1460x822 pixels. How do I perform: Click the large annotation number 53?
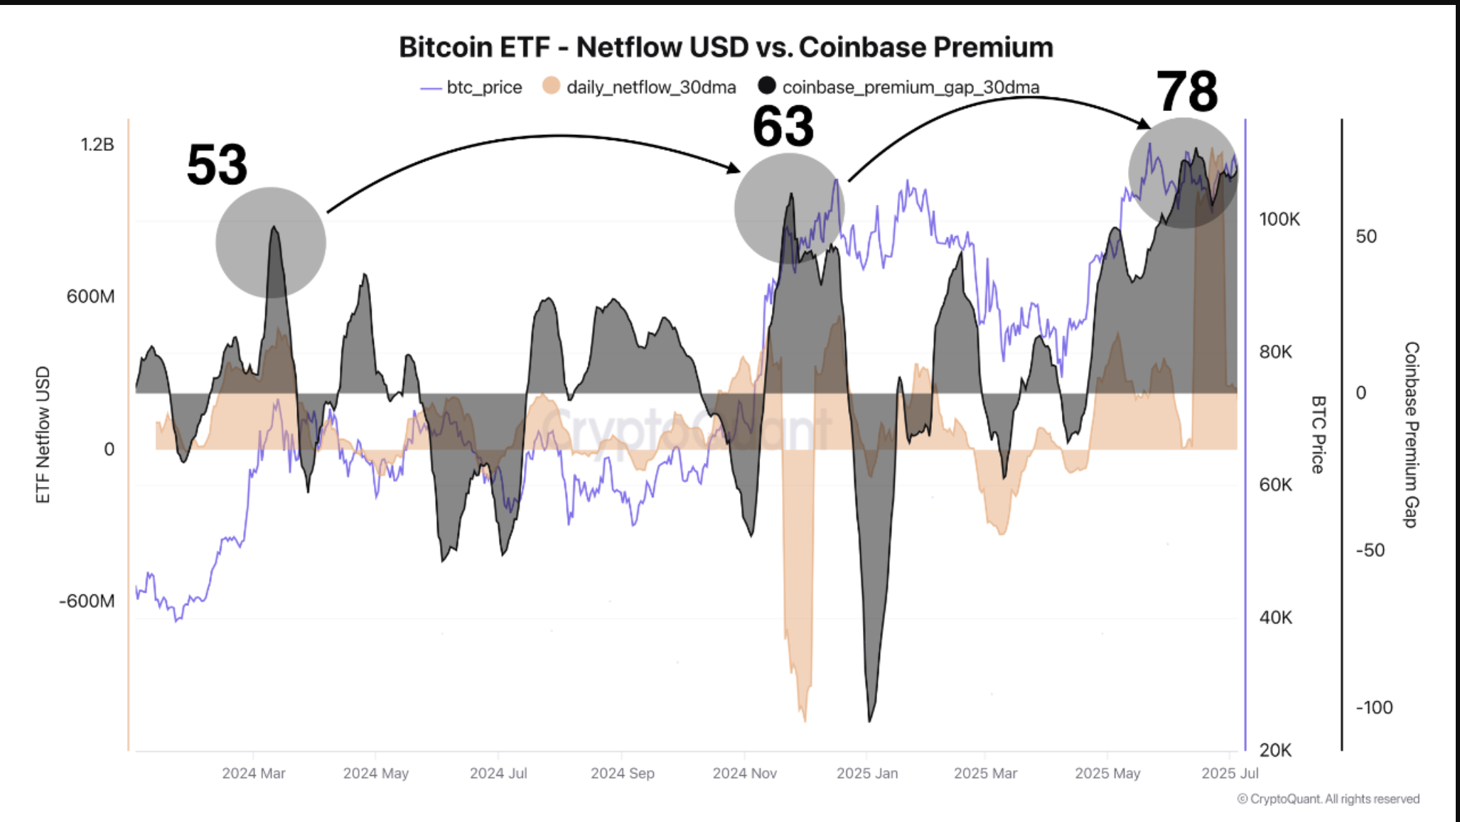point(217,165)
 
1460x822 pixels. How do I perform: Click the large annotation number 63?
point(783,127)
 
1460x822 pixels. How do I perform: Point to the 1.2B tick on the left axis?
point(97,144)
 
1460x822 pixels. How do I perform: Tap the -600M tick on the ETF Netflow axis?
point(87,601)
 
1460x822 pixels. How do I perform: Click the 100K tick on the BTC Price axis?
point(1279,219)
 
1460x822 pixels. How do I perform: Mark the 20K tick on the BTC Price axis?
point(1275,749)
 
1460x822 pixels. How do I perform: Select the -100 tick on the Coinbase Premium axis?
point(1374,708)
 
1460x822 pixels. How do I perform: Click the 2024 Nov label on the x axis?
point(744,773)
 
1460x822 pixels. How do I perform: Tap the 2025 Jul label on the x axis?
point(1230,773)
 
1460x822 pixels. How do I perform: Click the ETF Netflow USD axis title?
point(43,434)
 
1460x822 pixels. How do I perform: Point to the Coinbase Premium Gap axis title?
point(1411,434)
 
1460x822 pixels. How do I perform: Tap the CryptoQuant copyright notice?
point(1328,799)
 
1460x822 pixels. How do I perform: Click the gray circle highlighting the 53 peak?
point(271,242)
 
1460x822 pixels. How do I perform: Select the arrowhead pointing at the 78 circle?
point(1144,125)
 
